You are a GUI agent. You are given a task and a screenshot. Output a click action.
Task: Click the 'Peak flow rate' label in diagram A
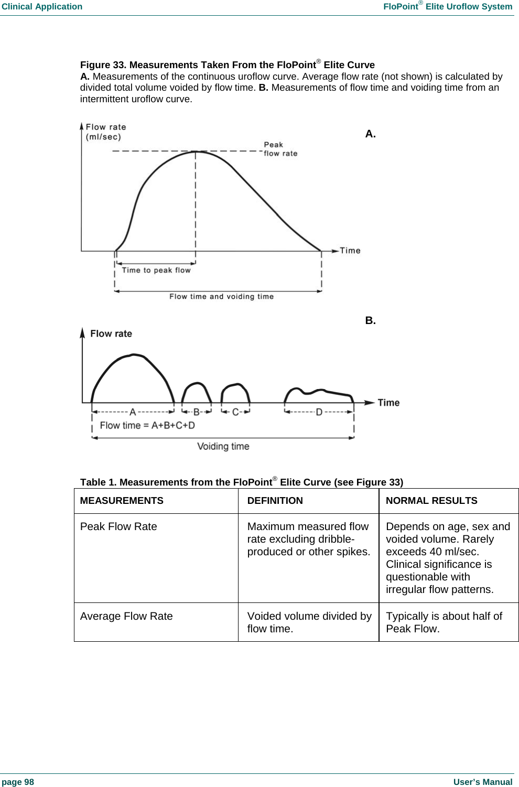[x=280, y=149]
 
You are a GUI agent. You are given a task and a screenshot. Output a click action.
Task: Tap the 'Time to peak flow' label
[x=156, y=270]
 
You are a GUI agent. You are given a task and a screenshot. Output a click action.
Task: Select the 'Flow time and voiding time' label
[x=221, y=296]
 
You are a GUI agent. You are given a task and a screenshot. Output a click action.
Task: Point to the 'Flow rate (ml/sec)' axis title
[x=105, y=132]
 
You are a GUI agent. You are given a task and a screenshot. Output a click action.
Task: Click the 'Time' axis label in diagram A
[x=350, y=251]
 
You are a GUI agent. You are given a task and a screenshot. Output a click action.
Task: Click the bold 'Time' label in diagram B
[x=388, y=403]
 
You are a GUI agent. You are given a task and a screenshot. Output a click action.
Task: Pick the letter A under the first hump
[x=133, y=412]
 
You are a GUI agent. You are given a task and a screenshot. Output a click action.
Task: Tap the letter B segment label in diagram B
[x=197, y=412]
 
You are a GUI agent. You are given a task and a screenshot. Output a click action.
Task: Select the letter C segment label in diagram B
[x=235, y=412]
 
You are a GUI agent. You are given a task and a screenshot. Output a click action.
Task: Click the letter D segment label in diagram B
[x=319, y=412]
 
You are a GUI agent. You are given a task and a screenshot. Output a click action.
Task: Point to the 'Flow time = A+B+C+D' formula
[x=147, y=425]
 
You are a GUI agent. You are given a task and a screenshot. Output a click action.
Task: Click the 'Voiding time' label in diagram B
[x=223, y=446]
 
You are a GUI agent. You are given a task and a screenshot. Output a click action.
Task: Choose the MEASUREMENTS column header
[x=122, y=501]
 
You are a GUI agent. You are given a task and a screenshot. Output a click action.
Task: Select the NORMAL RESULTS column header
[x=431, y=501]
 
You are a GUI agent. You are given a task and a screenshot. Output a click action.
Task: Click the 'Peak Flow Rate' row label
[x=118, y=526]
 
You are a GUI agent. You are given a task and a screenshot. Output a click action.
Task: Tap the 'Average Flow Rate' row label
[x=126, y=616]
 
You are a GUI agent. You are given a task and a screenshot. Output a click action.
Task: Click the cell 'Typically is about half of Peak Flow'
[x=444, y=622]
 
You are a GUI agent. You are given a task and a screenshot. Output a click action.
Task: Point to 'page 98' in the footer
[x=18, y=782]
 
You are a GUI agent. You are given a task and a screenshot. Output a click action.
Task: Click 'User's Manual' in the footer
[x=482, y=782]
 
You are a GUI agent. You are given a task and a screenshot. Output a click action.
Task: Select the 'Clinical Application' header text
[x=42, y=6]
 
